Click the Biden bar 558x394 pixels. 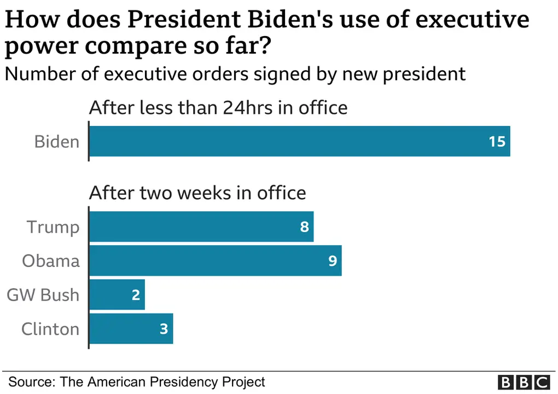pos(299,141)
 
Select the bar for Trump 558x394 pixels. pos(201,227)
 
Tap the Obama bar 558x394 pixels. pos(215,260)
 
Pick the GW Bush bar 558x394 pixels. pos(117,295)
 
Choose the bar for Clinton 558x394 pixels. pos(131,329)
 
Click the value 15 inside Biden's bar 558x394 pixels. pos(497,142)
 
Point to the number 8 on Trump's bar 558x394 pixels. pos(304,227)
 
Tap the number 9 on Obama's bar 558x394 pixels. pos(332,260)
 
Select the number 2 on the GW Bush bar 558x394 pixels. pos(136,295)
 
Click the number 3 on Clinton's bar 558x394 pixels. pos(164,329)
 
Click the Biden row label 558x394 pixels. pos(57,142)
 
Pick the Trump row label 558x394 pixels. pos(53,227)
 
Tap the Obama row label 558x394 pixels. pos(51,260)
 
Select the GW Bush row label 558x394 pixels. pos(43,295)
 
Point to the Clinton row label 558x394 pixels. pos(50,329)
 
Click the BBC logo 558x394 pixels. pos(524,381)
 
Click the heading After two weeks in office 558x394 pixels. pos(197,193)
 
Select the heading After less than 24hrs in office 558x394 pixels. pos(218,107)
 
